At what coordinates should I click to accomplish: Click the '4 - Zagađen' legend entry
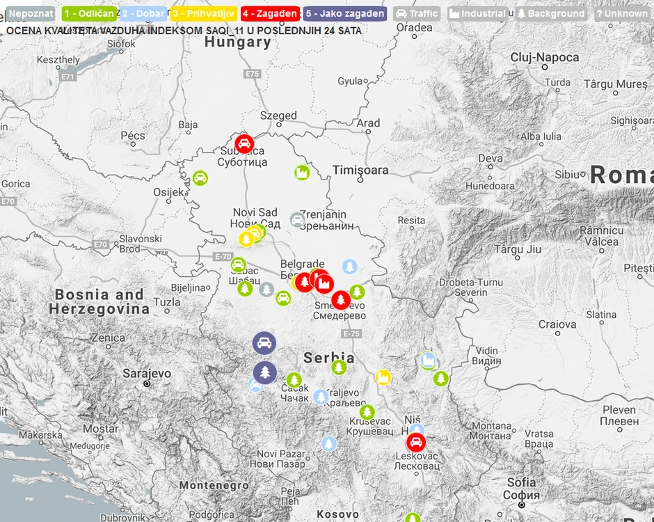click(270, 13)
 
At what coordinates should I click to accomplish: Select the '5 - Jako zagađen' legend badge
click(344, 13)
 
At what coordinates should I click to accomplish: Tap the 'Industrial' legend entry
click(477, 13)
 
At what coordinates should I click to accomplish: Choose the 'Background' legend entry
click(550, 13)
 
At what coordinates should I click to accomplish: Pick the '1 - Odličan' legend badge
click(88, 13)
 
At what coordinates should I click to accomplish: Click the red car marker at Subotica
click(244, 143)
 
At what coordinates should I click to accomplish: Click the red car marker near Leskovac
click(416, 442)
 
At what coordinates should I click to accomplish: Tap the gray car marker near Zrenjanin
click(298, 220)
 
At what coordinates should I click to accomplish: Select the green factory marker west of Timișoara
click(301, 173)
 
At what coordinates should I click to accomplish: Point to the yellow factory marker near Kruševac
click(383, 377)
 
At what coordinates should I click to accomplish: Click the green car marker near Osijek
click(200, 177)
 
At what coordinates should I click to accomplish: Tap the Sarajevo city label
click(147, 374)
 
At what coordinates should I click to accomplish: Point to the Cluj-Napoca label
click(544, 57)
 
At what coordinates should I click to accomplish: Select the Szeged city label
click(278, 116)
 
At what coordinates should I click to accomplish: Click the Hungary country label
click(238, 42)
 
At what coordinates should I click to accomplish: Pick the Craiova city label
click(557, 324)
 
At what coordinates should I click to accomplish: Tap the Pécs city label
click(133, 135)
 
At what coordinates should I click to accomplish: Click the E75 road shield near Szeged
click(252, 74)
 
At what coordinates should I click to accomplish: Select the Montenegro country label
click(214, 485)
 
